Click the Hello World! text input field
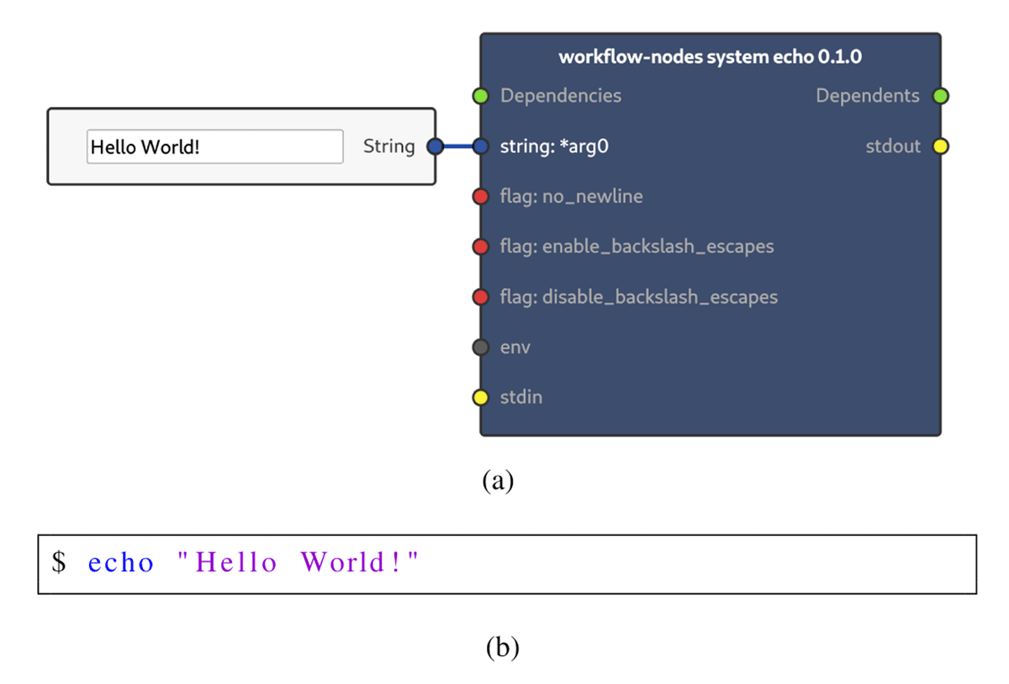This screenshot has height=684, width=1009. click(215, 146)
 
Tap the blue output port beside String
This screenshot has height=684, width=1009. click(436, 146)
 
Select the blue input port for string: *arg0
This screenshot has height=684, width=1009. click(481, 146)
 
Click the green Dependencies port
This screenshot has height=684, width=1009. click(481, 96)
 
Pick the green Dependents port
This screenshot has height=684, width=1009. click(941, 96)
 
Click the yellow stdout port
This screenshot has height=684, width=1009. click(941, 146)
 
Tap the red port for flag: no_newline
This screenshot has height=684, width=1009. click(481, 197)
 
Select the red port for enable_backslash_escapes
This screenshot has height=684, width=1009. click(481, 247)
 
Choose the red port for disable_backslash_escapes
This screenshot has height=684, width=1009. click(481, 297)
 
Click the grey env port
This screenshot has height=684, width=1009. click(481, 347)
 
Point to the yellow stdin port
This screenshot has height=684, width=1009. click(481, 397)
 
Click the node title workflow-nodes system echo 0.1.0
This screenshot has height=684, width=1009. click(710, 56)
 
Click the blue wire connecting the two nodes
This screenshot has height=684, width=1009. click(458, 146)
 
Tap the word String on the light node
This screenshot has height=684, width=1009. click(388, 147)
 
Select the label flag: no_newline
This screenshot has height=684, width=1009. click(571, 197)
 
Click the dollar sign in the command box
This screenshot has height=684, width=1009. click(59, 562)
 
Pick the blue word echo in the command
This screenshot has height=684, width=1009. click(121, 562)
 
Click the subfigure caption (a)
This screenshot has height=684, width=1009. click(498, 480)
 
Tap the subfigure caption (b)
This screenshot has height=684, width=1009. click(502, 648)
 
